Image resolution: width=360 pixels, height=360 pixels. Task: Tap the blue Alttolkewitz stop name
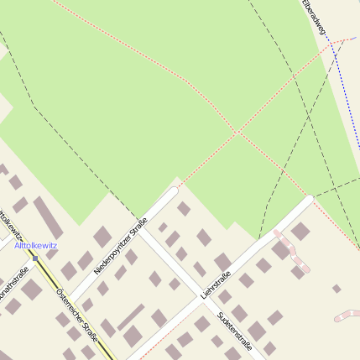35,245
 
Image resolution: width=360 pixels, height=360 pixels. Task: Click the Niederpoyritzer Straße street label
121,245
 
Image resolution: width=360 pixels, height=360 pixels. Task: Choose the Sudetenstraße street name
234,328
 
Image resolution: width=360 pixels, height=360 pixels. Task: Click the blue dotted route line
344,84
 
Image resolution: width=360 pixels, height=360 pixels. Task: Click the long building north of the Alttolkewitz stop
48,216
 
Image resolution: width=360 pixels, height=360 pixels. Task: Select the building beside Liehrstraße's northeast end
300,231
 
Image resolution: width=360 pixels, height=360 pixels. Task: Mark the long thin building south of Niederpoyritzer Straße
131,316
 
